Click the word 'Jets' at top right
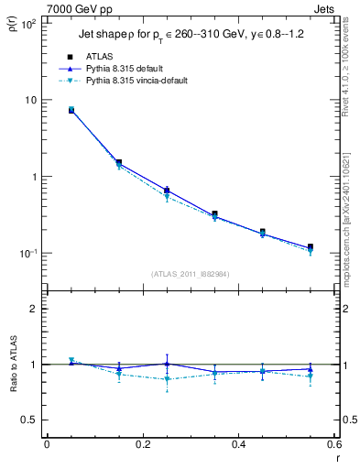click(326, 7)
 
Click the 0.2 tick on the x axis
click(142, 445)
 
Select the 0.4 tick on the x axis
click(238, 445)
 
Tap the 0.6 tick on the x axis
click(333, 445)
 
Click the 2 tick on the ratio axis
click(34, 309)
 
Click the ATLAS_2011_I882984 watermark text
click(190, 273)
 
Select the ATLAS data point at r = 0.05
click(71, 110)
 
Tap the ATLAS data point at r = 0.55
click(310, 247)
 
